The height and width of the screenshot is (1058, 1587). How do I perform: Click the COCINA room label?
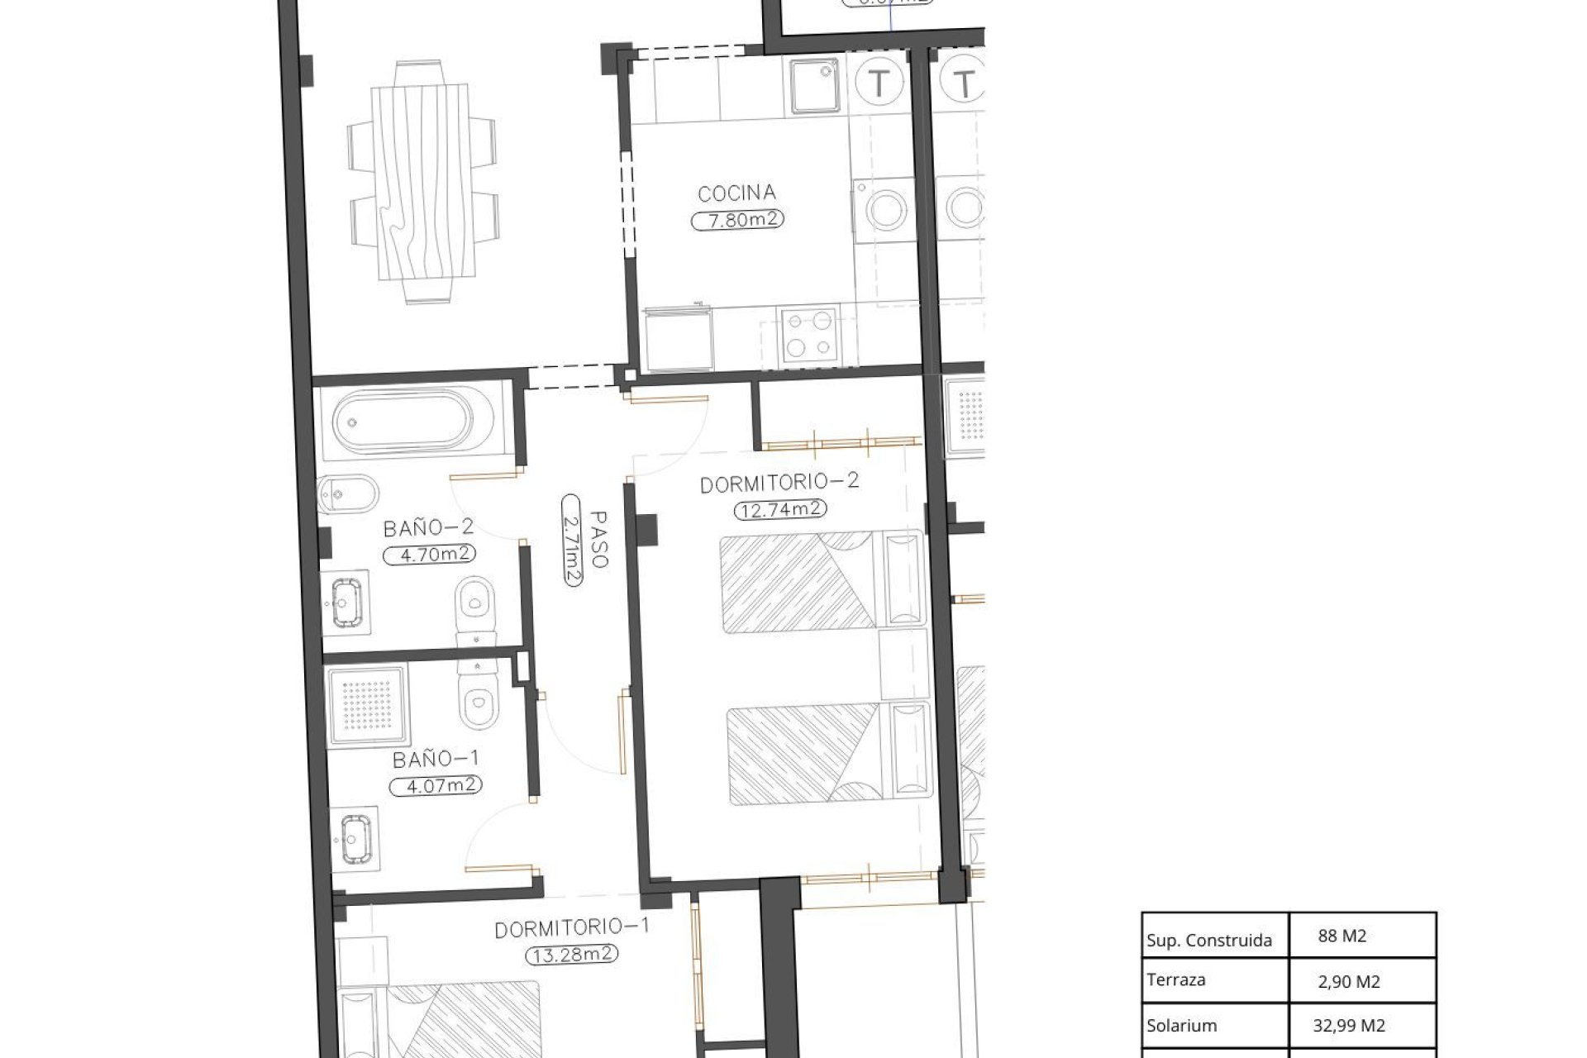pos(736,193)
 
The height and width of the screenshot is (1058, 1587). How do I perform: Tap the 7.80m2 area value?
pos(736,220)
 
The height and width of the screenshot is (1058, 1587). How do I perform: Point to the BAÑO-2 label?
pos(427,528)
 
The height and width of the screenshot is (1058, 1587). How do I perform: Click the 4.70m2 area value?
pos(430,555)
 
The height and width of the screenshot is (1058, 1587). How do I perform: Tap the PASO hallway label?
pos(598,539)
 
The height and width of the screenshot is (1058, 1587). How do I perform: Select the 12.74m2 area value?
pos(780,509)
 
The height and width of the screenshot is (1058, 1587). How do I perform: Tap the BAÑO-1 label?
pos(436,758)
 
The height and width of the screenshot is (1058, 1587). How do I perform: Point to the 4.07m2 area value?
pos(436,785)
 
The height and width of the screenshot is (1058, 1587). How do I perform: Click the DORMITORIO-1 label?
pos(571,928)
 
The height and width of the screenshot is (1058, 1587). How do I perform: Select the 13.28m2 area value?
pos(572,956)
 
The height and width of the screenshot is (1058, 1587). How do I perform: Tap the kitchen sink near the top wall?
pos(814,86)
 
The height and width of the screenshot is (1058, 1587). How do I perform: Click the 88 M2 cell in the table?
pos(1342,936)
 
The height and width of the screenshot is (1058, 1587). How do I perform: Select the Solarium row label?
pos(1181,1026)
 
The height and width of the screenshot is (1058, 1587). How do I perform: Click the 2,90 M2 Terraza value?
pos(1349,982)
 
